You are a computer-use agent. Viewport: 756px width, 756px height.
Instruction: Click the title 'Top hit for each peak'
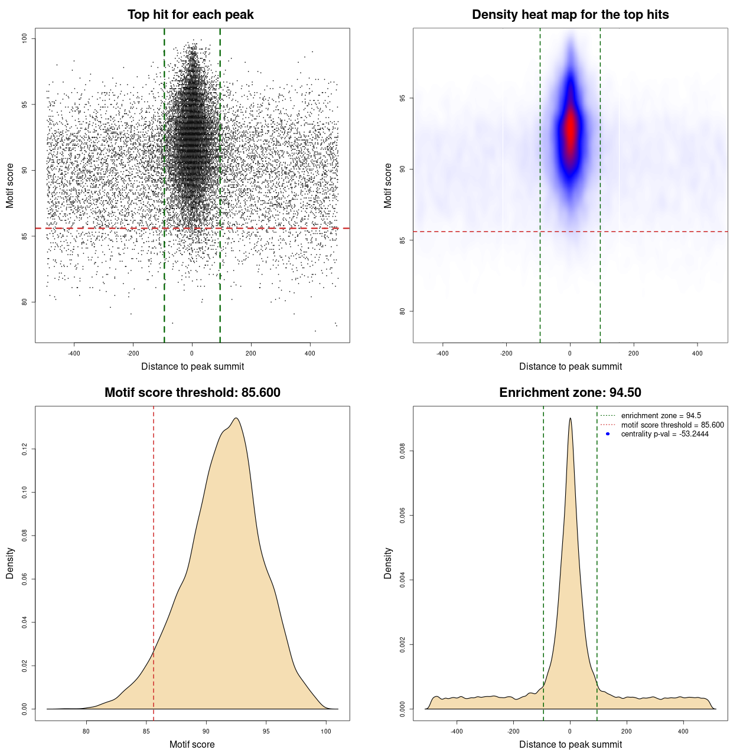point(190,15)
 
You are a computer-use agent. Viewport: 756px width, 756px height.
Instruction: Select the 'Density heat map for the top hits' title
point(570,15)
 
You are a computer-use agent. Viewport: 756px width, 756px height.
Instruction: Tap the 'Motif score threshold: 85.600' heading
point(192,393)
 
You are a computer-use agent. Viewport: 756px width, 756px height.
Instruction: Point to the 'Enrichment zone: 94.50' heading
point(570,393)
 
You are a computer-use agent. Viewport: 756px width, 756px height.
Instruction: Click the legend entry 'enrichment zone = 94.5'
point(661,416)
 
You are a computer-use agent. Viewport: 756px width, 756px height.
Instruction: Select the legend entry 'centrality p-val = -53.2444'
point(664,434)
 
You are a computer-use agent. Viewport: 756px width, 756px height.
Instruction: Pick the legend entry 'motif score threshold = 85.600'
point(672,425)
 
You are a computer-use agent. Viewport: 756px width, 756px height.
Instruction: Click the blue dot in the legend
point(608,434)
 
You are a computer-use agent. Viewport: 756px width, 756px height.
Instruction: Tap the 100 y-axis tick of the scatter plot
point(25,38)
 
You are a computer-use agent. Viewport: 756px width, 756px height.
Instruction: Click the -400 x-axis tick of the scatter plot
point(74,353)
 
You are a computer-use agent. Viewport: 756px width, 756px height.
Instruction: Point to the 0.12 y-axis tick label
point(25,449)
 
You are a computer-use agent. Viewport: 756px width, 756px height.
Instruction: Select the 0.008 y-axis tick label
point(403,451)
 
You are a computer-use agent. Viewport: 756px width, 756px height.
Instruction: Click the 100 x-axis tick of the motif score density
point(326,731)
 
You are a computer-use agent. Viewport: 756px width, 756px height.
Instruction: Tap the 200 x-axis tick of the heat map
point(634,353)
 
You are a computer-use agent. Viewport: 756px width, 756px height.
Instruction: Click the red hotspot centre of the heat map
point(570,129)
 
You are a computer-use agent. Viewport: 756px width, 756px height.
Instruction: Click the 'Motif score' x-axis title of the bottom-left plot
point(192,744)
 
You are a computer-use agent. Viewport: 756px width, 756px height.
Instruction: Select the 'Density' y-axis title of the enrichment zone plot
point(388,563)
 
